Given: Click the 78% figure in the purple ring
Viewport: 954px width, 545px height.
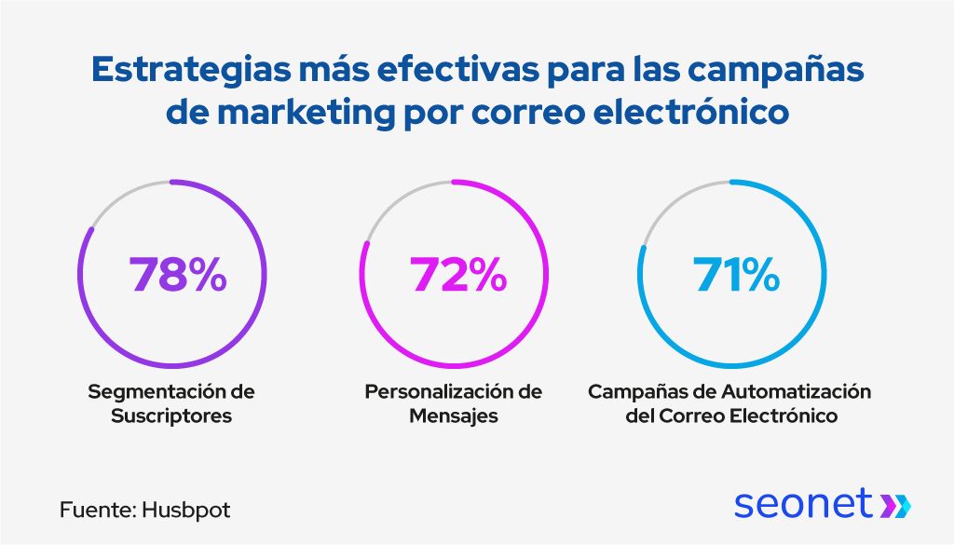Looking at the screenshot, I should (178, 275).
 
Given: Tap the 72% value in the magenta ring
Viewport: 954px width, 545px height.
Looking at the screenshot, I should (457, 275).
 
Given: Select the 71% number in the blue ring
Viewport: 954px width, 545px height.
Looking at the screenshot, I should (736, 275).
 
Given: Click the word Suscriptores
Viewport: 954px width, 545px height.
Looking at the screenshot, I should (171, 416).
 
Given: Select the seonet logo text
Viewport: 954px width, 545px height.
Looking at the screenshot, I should (803, 503).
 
